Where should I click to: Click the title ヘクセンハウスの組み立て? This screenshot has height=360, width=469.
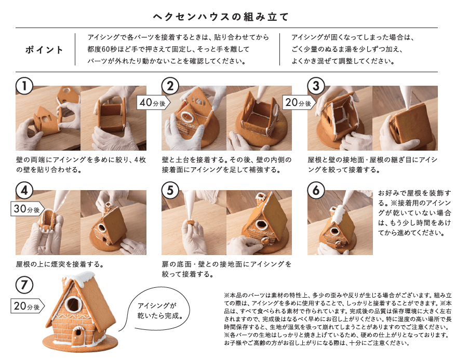(x=220, y=17)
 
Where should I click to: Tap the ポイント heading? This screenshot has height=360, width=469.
(x=44, y=50)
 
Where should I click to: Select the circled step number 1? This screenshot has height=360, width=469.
(x=24, y=86)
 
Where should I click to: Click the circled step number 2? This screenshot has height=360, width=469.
(x=170, y=86)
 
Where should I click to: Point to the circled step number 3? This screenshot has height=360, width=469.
(x=316, y=86)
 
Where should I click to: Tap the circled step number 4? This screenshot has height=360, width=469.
(x=24, y=190)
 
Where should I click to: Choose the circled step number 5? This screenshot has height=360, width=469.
(x=170, y=190)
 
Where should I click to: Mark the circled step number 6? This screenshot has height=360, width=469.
(x=316, y=190)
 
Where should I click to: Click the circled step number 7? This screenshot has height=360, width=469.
(x=24, y=285)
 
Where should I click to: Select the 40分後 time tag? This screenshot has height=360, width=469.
(x=153, y=103)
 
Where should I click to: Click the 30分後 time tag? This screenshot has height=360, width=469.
(x=28, y=209)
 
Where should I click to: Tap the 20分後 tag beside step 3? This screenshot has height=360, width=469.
(x=299, y=103)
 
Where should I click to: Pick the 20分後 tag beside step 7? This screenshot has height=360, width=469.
(x=28, y=306)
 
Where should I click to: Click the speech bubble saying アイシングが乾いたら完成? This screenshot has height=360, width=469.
(x=159, y=310)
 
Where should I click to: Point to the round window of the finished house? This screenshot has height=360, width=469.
(x=73, y=304)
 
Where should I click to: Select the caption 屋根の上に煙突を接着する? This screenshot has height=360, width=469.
(x=60, y=264)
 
